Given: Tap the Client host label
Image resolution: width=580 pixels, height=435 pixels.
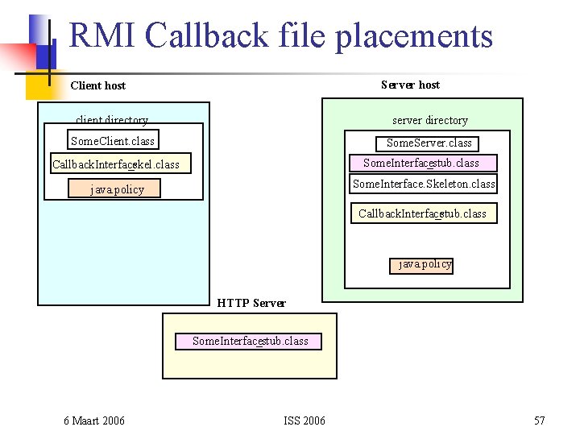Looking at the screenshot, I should (98, 85).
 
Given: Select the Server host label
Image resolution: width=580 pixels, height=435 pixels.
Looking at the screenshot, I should (410, 85).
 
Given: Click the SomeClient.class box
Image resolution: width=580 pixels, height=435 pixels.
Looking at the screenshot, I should (112, 141).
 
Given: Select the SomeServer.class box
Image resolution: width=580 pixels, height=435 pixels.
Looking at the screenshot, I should (429, 143).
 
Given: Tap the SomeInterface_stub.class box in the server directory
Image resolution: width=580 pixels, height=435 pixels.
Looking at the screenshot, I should (422, 164).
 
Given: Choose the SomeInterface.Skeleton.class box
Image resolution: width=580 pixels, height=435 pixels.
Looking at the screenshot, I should (424, 184).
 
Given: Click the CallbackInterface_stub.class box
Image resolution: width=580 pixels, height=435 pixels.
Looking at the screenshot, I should (423, 213).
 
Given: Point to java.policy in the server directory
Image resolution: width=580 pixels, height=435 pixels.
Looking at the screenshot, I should (425, 264).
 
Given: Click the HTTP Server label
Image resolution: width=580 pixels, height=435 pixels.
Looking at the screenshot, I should (251, 304).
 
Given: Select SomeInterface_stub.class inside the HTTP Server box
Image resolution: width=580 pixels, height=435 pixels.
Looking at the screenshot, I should (250, 342).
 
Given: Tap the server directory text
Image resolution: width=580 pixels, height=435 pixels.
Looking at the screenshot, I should (429, 121).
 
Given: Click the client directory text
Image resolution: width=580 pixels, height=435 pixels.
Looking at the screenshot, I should (112, 120).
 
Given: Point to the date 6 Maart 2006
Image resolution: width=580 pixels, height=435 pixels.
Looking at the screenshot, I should (94, 420).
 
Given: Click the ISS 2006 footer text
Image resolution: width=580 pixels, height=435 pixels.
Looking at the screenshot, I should (304, 420).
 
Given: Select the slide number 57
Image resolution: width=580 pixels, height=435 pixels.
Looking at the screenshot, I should (540, 420).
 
